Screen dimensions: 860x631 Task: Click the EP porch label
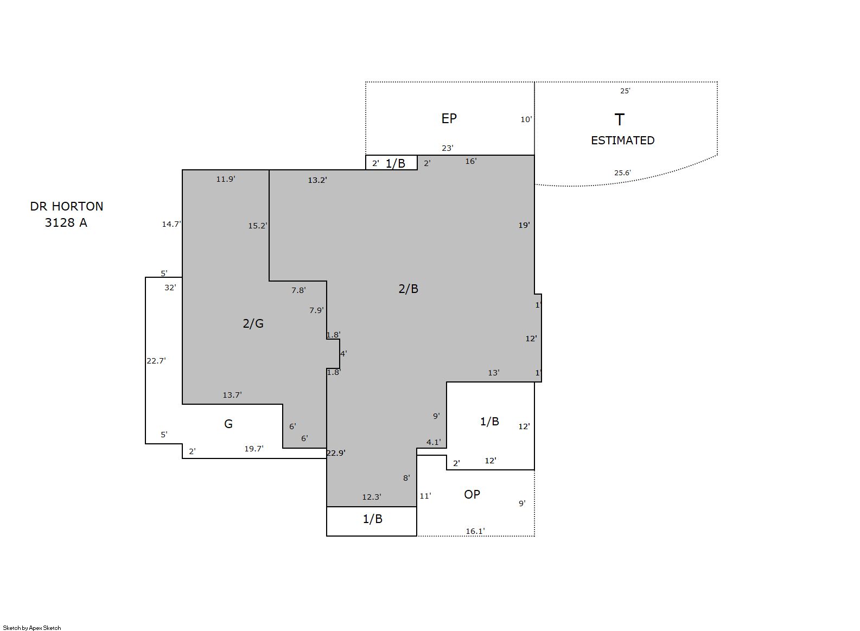tap(449, 119)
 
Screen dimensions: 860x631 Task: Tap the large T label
tap(619, 119)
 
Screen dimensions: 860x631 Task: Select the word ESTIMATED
tap(622, 141)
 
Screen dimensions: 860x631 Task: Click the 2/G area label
tap(253, 323)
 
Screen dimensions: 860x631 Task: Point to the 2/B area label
tap(408, 289)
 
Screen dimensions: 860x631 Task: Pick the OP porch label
tap(472, 494)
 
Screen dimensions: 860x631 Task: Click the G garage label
tap(228, 424)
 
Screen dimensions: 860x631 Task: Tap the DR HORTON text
tap(66, 207)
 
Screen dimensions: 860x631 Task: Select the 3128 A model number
tap(66, 222)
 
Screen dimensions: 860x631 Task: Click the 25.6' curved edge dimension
tap(622, 173)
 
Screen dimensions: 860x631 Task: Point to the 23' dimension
tap(448, 148)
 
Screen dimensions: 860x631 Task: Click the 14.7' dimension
tap(171, 224)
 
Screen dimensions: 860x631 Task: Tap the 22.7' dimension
tap(156, 360)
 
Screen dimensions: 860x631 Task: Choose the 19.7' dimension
tap(254, 448)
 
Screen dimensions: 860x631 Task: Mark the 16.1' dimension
tap(475, 531)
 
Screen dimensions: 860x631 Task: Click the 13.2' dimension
tap(317, 180)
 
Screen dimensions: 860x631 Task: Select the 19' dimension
tap(524, 225)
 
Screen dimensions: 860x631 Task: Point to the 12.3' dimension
tap(372, 497)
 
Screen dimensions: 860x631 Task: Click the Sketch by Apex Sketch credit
tap(32, 628)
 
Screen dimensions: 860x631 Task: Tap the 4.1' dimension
tap(434, 442)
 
